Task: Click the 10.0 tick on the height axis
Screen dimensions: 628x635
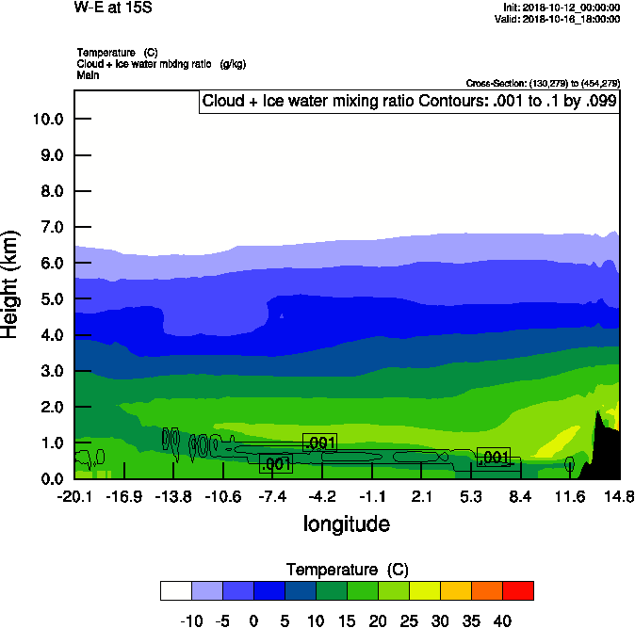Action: tap(47, 119)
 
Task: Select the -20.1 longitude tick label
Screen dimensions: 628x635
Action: tap(73, 496)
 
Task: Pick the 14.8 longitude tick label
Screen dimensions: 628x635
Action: tap(619, 496)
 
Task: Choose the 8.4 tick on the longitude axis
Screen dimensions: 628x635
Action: tap(521, 496)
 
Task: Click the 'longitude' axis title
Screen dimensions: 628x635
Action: tap(346, 523)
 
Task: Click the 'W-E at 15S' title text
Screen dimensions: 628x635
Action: tap(112, 8)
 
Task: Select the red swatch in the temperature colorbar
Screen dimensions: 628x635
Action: tap(517, 590)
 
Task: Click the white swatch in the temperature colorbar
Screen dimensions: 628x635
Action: tap(175, 590)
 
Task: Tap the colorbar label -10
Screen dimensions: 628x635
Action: tap(191, 620)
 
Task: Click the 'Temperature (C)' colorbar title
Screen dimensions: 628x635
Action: tap(346, 570)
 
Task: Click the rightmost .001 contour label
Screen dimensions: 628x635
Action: tap(494, 457)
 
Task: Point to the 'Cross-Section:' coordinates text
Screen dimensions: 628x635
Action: tap(543, 84)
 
